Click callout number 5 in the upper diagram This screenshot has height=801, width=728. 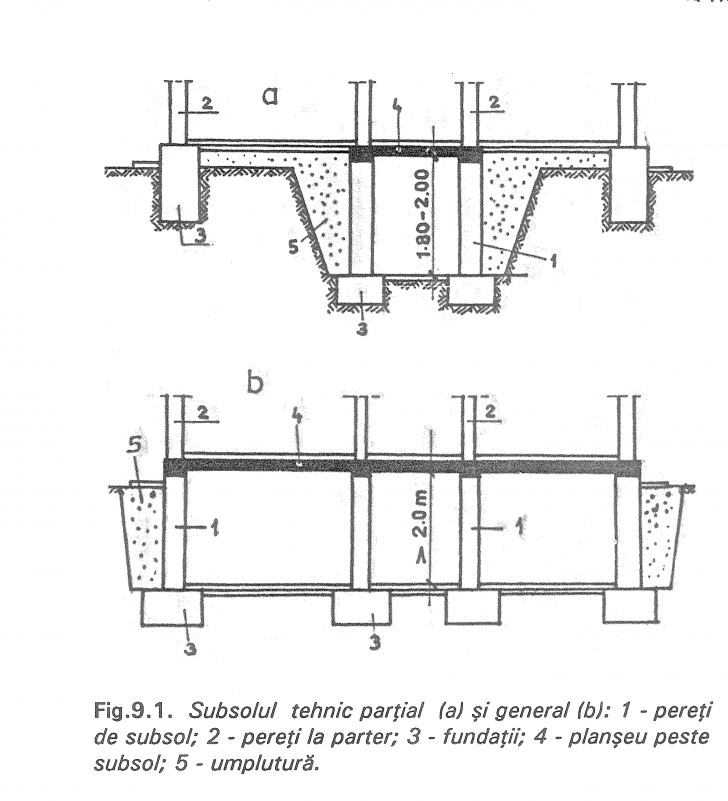tap(293, 244)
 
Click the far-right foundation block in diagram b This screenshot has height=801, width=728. tap(629, 605)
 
